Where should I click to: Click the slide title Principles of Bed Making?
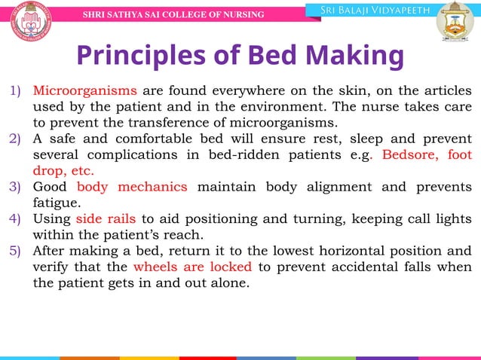[x=240, y=56]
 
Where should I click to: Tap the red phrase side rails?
[x=106, y=219]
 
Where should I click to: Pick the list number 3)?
[x=16, y=187]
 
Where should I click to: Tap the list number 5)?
[x=16, y=252]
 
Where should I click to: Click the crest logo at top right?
[x=452, y=21]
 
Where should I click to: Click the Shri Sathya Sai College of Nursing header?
[x=173, y=15]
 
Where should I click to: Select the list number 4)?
[x=16, y=219]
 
